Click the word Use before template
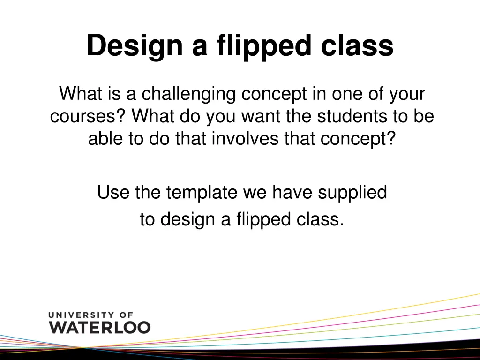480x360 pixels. (113, 192)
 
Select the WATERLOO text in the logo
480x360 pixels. (100, 327)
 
